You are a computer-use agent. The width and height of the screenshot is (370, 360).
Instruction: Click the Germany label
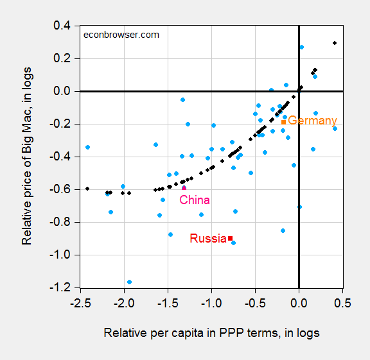coord(312,121)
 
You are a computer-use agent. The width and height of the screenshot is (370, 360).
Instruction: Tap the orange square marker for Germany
coord(284,122)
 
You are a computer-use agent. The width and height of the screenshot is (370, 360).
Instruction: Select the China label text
coord(195,200)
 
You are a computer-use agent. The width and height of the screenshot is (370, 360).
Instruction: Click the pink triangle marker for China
coord(184,187)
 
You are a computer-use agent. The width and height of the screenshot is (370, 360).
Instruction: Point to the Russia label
coord(208,239)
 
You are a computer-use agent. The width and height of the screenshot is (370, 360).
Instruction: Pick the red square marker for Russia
coord(231,238)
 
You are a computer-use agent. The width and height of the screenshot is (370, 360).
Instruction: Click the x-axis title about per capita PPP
coord(211,333)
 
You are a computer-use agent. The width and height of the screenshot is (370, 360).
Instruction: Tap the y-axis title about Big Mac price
coord(27,157)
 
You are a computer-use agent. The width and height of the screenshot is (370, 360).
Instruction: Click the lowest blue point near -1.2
coord(130,282)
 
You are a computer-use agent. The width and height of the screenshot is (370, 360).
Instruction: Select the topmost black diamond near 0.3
coord(335,43)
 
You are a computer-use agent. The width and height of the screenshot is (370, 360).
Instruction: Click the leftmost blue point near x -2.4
coord(87,147)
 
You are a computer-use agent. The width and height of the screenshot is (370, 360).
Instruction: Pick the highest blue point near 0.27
coord(302,47)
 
